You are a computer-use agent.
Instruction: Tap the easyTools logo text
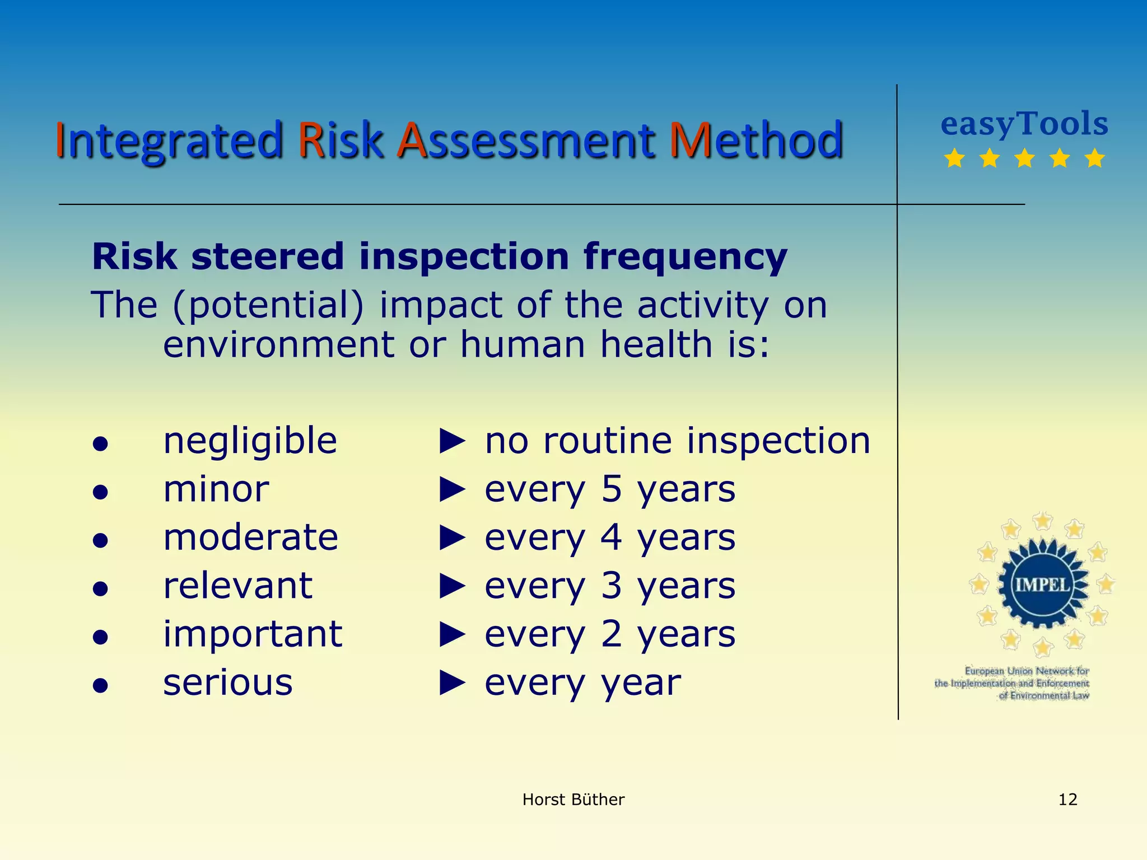click(1024, 124)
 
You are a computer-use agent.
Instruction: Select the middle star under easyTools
click(1024, 158)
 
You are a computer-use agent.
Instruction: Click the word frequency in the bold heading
click(685, 257)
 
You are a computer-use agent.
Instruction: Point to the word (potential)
click(268, 306)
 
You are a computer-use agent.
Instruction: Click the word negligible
click(250, 441)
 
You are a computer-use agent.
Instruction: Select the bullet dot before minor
click(100, 492)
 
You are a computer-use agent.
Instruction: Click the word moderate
click(250, 537)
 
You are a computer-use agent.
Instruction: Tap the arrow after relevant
click(453, 586)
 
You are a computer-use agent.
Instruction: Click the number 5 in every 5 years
click(612, 489)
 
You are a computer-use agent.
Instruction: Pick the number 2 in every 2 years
click(612, 634)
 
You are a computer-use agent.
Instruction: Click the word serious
click(227, 683)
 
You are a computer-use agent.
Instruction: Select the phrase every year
click(582, 683)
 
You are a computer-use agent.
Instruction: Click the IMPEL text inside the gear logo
click(1042, 585)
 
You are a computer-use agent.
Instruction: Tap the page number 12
click(1067, 800)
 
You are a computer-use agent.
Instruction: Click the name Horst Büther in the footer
click(573, 800)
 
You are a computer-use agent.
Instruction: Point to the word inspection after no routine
click(778, 441)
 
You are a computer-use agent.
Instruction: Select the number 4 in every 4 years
click(612, 537)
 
